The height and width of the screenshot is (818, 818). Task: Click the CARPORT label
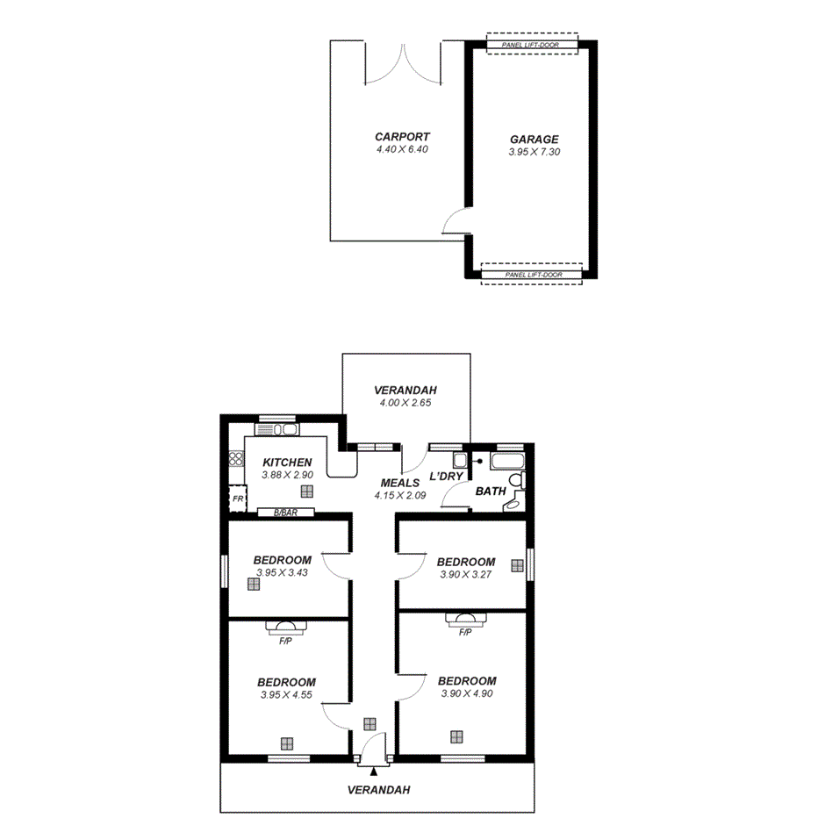[x=402, y=136]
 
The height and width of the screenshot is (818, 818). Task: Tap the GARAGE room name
[x=534, y=139]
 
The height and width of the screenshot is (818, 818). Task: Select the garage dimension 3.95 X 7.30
[x=534, y=152]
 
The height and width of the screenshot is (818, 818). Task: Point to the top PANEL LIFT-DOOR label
[x=532, y=44]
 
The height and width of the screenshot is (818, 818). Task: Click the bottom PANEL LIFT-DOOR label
[x=533, y=275]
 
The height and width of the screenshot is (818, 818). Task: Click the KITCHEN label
[x=287, y=463]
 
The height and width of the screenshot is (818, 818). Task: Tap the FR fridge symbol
[x=237, y=499]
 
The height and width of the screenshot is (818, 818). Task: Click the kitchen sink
[x=277, y=429]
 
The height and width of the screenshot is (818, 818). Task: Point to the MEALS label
[x=399, y=483]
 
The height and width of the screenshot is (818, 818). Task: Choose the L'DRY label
[x=446, y=477]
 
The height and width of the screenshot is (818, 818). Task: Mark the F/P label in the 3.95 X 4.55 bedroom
[x=285, y=642]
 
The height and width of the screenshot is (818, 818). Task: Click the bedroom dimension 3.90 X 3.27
[x=465, y=575]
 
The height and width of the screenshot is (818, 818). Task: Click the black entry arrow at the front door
[x=374, y=771]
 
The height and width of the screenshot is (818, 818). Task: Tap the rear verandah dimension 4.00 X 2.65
[x=405, y=403]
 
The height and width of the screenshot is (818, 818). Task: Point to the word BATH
[x=490, y=492]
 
